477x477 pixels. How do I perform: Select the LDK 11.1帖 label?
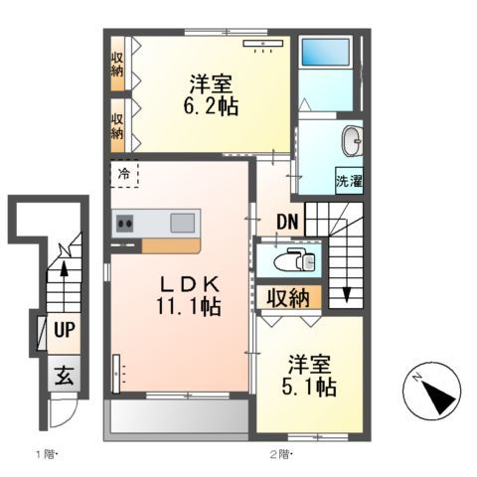coord(185,295)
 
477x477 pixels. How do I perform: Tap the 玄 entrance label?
coord(64,376)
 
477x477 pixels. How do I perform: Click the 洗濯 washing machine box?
coord(349,181)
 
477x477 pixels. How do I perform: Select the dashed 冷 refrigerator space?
coord(125,176)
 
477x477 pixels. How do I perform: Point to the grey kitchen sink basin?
coord(183,223)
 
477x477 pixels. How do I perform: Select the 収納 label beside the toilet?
coord(287,297)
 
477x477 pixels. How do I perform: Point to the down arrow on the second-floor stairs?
coord(347,290)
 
